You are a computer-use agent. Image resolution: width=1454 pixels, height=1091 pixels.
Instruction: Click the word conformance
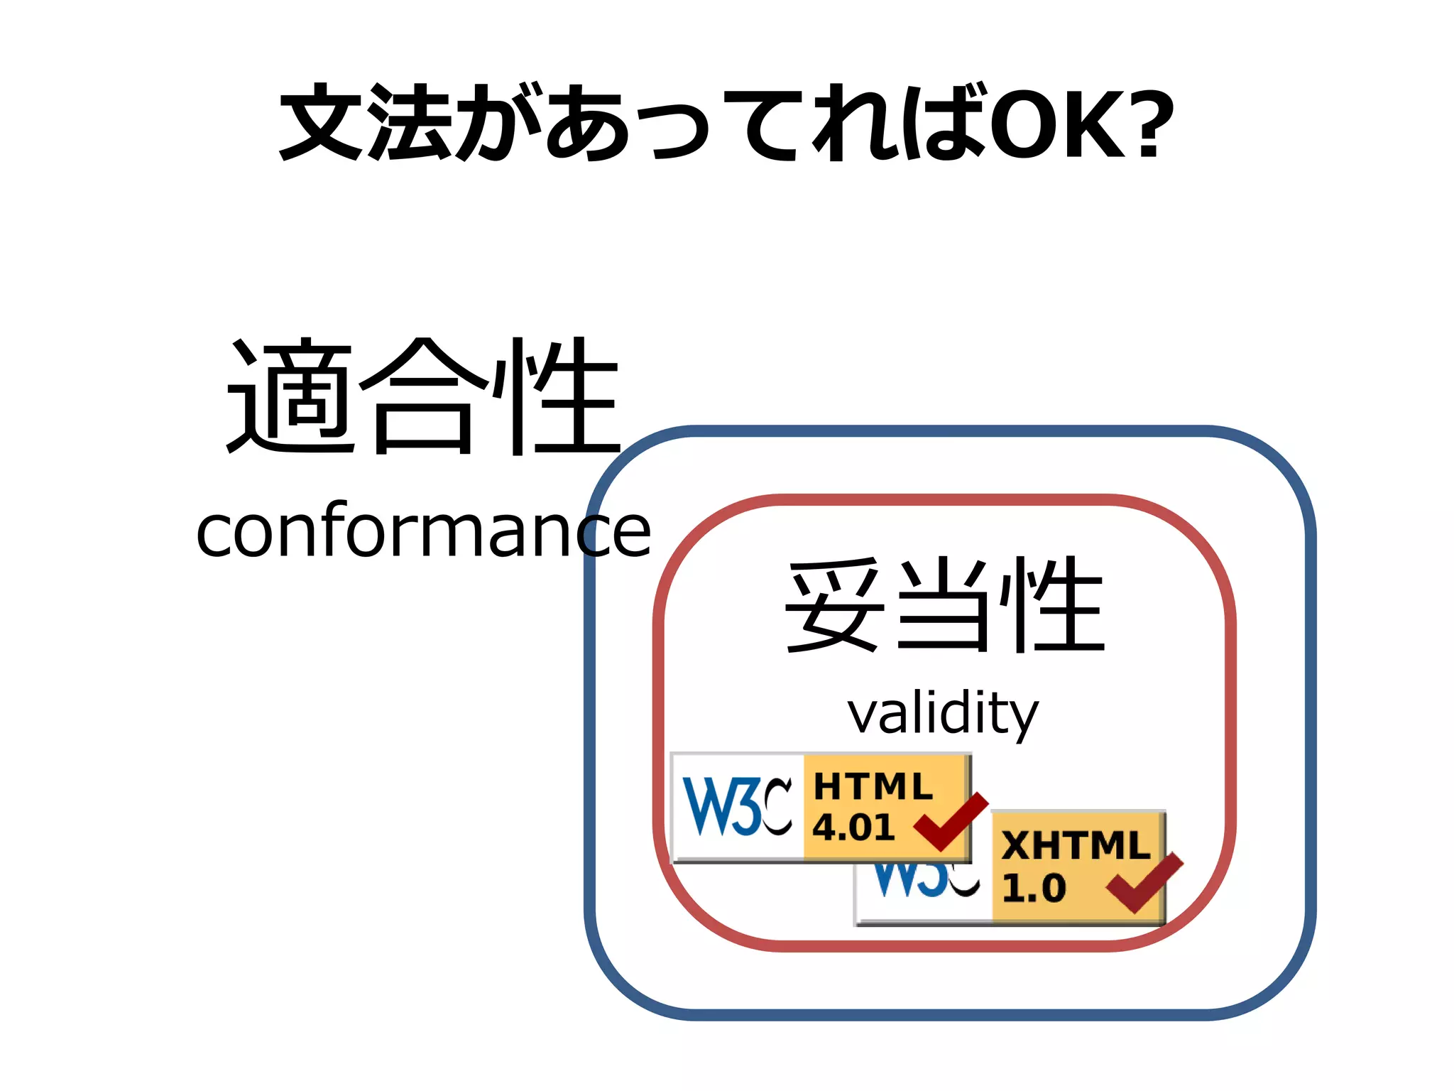click(423, 531)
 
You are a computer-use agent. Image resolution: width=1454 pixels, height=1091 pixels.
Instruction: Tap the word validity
click(943, 714)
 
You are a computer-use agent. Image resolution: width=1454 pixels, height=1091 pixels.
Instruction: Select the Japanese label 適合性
click(423, 396)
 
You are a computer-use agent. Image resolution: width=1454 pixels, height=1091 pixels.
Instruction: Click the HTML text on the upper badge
click(873, 787)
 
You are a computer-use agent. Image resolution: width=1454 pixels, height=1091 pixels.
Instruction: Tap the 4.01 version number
click(853, 827)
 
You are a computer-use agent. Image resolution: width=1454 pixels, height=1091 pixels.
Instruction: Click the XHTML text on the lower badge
click(1075, 845)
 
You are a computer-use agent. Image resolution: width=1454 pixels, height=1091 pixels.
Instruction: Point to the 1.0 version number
click(1034, 888)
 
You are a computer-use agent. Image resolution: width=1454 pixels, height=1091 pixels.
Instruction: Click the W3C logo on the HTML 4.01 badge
click(737, 807)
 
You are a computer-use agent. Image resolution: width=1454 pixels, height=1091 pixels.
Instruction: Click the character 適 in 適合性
click(290, 396)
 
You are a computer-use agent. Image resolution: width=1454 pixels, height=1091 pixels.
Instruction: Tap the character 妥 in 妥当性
click(835, 605)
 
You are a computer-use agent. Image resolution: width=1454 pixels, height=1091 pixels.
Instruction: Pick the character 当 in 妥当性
click(943, 605)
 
